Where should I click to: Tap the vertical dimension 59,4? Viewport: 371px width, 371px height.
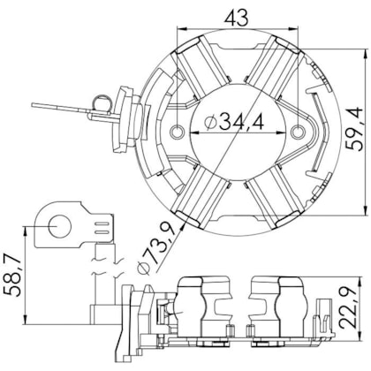(x=354, y=129)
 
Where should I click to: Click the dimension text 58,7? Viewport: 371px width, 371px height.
(x=12, y=275)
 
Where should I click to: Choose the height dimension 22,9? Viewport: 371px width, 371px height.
(x=348, y=308)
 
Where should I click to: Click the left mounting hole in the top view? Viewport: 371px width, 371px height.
(x=178, y=131)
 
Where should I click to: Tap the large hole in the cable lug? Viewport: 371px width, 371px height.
(x=60, y=226)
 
